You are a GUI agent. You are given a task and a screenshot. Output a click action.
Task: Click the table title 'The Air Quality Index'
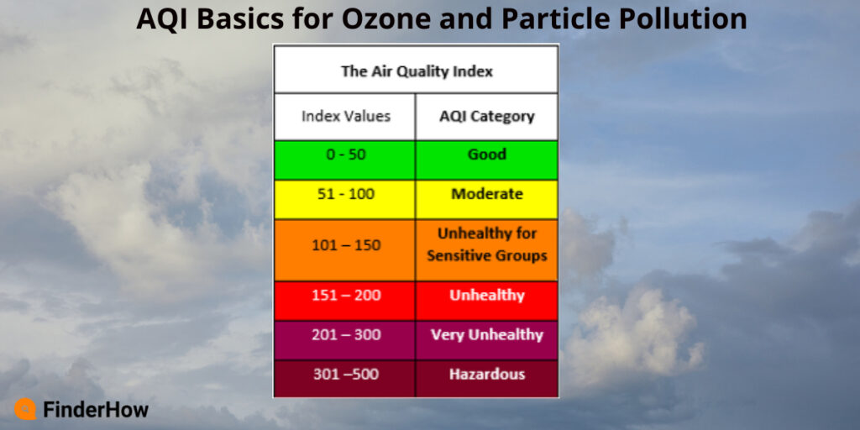tap(416, 71)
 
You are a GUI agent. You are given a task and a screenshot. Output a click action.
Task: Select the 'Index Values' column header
tap(345, 116)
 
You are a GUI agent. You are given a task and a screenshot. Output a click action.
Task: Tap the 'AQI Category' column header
tap(486, 116)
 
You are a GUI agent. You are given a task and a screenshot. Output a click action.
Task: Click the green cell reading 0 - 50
tap(345, 155)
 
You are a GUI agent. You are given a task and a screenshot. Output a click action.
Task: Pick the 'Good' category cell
tap(486, 155)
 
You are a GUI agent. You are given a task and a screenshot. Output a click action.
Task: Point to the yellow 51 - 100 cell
tap(345, 195)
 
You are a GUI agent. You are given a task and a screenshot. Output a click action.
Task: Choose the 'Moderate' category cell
tap(486, 195)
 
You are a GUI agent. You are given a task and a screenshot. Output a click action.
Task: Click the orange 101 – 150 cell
tap(345, 245)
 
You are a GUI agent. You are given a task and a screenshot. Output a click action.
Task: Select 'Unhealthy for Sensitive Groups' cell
tap(486, 244)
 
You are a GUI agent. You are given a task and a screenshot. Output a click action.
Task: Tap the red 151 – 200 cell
tap(345, 296)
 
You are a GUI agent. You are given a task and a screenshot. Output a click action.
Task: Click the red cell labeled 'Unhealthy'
tap(486, 296)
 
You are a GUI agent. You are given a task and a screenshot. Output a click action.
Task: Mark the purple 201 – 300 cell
tap(345, 335)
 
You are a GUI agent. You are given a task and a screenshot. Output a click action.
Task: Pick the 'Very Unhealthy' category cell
tap(486, 335)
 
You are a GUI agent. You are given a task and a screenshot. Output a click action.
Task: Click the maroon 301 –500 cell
tap(345, 375)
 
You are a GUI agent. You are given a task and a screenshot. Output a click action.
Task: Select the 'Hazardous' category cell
tap(486, 375)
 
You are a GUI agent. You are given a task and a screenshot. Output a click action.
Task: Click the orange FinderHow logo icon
tap(25, 409)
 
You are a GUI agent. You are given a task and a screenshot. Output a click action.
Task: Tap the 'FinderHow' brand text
tap(95, 410)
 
